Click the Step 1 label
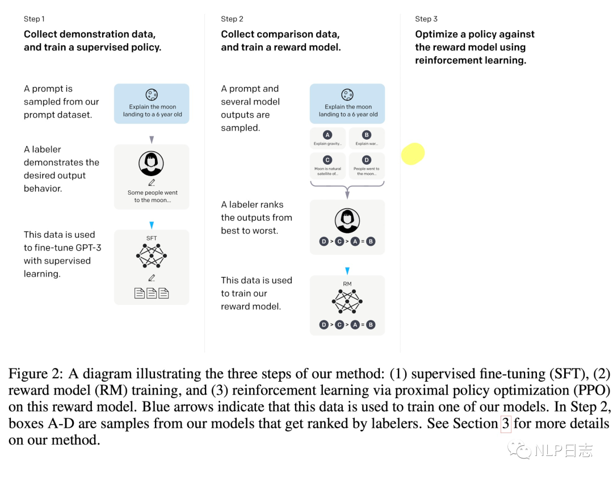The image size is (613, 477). point(34,19)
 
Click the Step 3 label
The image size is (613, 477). point(426,19)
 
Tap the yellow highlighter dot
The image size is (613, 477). point(413,154)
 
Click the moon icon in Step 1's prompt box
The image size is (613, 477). point(152,95)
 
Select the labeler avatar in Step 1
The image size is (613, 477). point(152,164)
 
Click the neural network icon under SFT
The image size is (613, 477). point(152,256)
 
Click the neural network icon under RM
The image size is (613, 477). point(347,302)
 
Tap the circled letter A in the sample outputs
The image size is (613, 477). point(328,135)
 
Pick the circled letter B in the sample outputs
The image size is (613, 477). point(366,135)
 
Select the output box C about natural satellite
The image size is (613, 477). point(328,166)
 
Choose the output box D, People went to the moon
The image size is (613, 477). point(367,166)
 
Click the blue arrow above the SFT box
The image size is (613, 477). point(152,225)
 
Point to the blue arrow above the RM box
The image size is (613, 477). point(347,270)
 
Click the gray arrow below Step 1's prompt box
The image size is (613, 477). point(152,140)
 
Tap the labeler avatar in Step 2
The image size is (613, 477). point(347,221)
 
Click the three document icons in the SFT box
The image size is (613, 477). point(152,293)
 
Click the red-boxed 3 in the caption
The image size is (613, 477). point(506,424)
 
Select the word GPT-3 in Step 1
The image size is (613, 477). point(89,248)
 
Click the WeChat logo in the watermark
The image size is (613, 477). point(519,450)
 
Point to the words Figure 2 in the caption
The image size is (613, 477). point(35,374)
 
